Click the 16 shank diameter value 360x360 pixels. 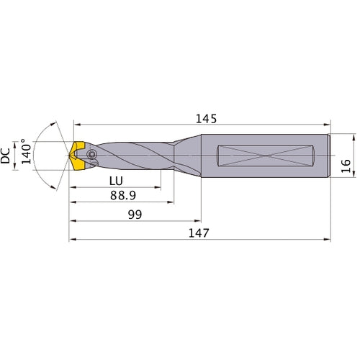(x=346, y=166)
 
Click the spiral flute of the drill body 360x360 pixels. (x=133, y=156)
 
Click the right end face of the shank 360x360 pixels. (x=330, y=155)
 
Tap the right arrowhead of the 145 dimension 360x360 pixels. (x=327, y=125)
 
